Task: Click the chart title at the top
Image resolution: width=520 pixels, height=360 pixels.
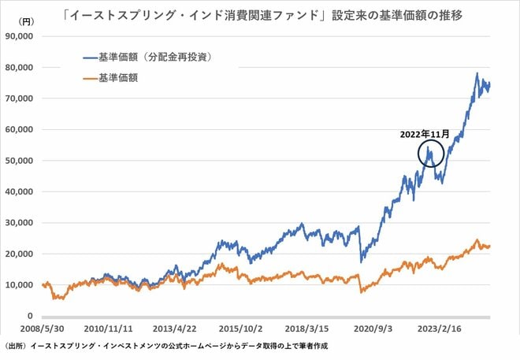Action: click(x=260, y=13)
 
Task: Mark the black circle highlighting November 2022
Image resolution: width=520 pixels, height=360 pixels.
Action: click(x=431, y=154)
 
